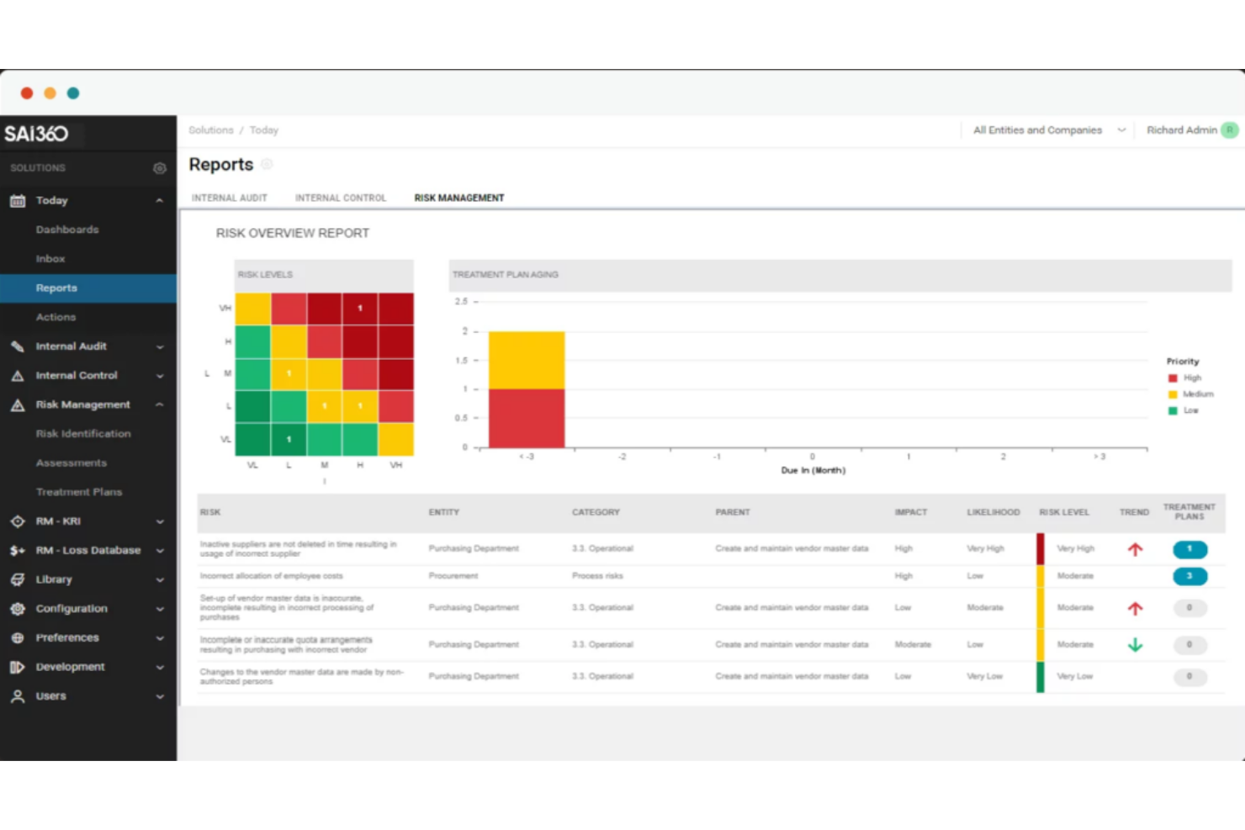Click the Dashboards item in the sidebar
[x=66, y=230]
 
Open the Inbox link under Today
[x=50, y=259]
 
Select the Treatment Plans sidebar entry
[x=78, y=492]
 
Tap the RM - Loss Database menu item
[x=87, y=551]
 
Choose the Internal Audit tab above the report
[x=229, y=198]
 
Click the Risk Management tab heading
[x=458, y=198]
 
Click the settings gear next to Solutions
[x=159, y=168]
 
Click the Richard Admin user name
[x=1181, y=130]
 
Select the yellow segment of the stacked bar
[x=527, y=360]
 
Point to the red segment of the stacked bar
[x=527, y=418]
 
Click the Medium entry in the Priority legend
[x=1197, y=394]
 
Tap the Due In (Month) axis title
[x=813, y=471]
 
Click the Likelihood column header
[x=993, y=512]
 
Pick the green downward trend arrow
[x=1135, y=645]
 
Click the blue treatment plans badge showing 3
[x=1189, y=576]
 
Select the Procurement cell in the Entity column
[x=453, y=576]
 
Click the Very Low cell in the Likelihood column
[x=984, y=676]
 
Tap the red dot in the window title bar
[x=27, y=93]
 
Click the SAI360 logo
[x=36, y=134]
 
